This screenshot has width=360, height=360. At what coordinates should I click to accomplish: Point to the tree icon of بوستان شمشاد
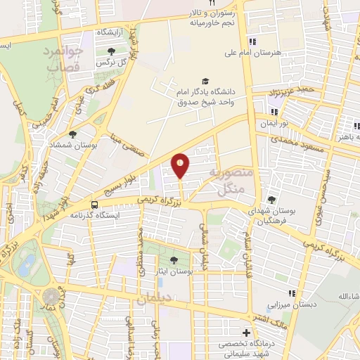click(x=72, y=134)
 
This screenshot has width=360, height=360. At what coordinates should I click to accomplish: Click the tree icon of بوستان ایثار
click(x=174, y=262)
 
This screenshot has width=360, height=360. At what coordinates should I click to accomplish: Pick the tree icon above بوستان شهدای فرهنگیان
click(x=271, y=200)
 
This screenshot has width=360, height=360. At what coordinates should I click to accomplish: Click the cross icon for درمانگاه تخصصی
click(x=245, y=333)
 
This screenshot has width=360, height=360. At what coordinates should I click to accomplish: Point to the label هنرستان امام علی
click(x=271, y=53)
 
